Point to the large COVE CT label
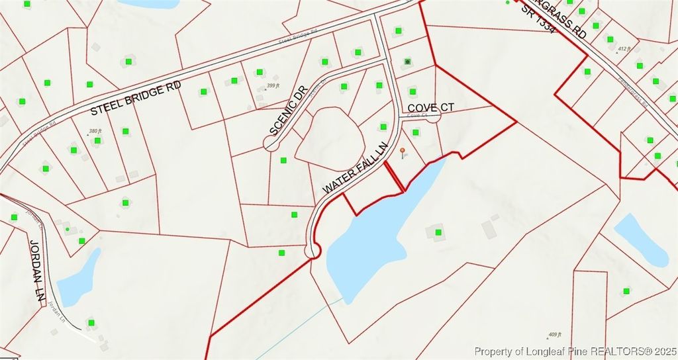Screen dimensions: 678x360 (x=430, y=107)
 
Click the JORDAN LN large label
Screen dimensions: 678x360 (x=36, y=272)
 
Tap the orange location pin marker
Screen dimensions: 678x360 (x=402, y=153)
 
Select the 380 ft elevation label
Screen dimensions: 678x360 (x=95, y=131)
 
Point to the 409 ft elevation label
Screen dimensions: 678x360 (x=555, y=334)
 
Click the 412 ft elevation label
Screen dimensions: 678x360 (x=624, y=49)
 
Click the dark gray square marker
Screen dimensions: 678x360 (x=408, y=62)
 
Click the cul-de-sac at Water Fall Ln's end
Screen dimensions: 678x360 (x=312, y=250)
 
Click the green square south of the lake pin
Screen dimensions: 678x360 (x=438, y=232)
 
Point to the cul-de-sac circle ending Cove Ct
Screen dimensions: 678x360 (x=433, y=116)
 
